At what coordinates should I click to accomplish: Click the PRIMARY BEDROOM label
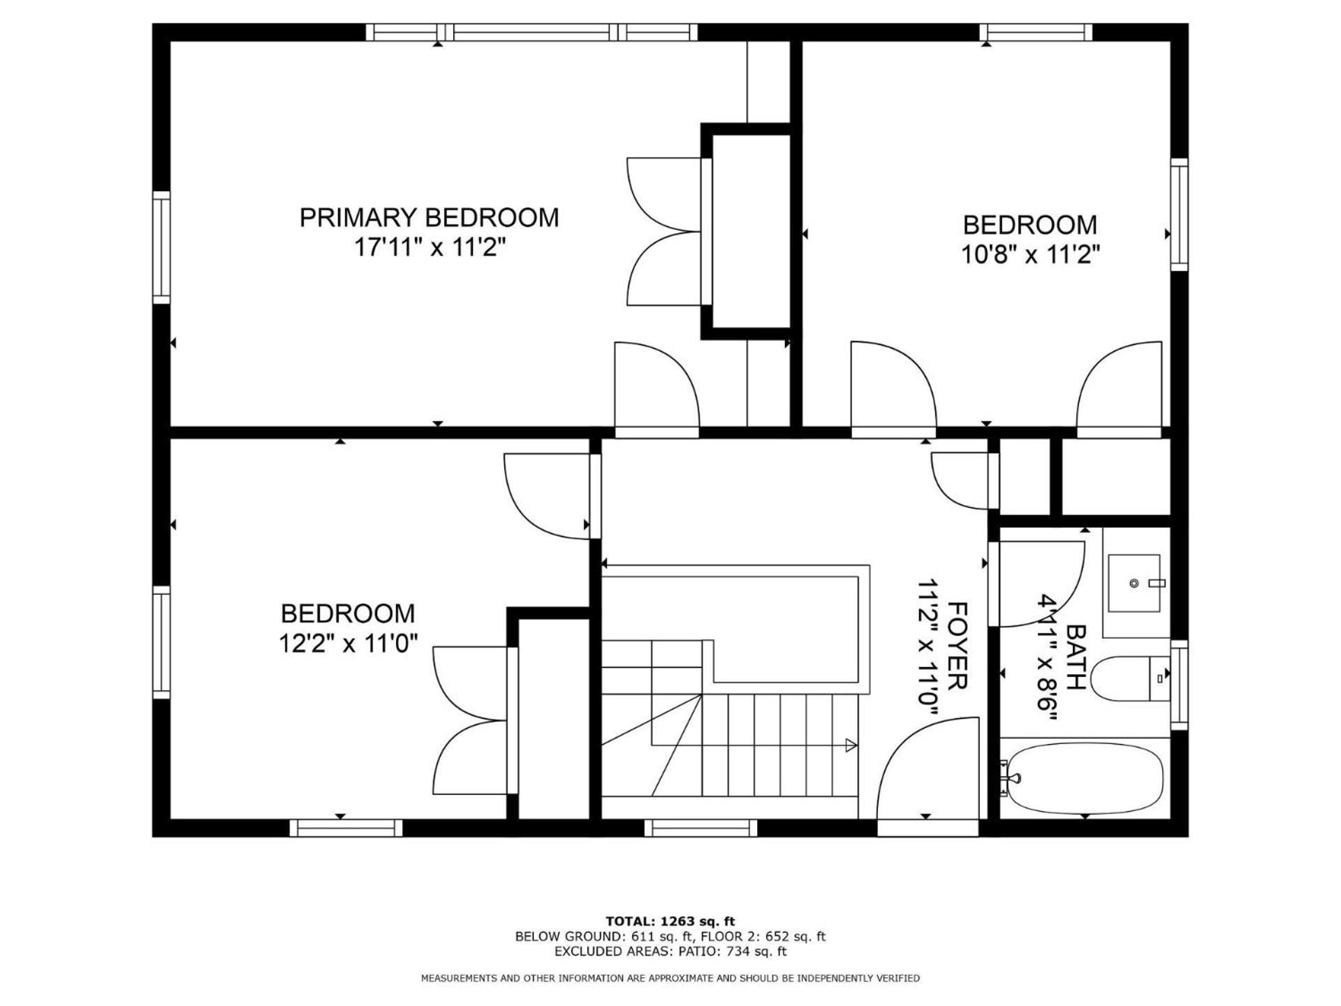[429, 217]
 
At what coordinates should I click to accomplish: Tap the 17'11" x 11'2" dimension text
[429, 247]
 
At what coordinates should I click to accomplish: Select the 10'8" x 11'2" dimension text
[1030, 254]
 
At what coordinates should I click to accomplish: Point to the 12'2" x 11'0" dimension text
[348, 643]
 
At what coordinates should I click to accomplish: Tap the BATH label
[1076, 657]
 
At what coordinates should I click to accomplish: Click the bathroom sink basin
[1134, 583]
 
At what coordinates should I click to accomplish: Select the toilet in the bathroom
[1129, 678]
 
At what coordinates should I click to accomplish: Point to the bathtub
[1083, 778]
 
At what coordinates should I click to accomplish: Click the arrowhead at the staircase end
[851, 745]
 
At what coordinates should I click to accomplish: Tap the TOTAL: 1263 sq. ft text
[670, 921]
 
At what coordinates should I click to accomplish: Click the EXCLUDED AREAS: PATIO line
[670, 952]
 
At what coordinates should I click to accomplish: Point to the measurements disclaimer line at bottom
[670, 978]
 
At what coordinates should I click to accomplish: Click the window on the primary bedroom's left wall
[161, 247]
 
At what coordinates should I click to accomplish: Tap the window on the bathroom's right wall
[1179, 685]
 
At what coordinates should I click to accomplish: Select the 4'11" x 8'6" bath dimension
[1048, 657]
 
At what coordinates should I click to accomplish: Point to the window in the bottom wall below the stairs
[701, 828]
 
